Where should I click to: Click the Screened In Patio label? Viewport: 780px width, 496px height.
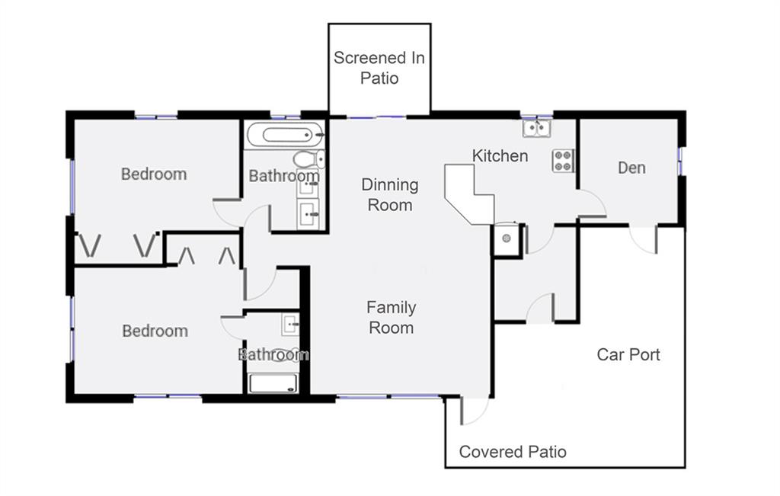379,68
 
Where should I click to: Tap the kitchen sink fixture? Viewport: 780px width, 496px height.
537,128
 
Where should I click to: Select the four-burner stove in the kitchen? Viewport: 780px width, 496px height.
563,161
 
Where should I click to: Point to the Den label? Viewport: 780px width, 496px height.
631,168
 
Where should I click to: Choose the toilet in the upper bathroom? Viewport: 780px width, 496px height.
308,158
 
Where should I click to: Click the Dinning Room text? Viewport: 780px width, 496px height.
390,194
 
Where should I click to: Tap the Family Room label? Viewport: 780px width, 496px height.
391,318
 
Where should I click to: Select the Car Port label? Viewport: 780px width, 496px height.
628,354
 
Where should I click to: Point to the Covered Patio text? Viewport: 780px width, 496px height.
513,452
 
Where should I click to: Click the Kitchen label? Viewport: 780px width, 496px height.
500,155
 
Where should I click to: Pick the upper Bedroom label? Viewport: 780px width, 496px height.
154,174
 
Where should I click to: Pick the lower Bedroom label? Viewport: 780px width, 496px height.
155,331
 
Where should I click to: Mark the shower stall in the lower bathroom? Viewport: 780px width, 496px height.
273,383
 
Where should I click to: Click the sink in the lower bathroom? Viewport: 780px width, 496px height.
290,325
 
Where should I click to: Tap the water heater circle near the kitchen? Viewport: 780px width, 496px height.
507,238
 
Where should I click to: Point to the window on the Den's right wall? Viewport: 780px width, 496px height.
680,162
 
